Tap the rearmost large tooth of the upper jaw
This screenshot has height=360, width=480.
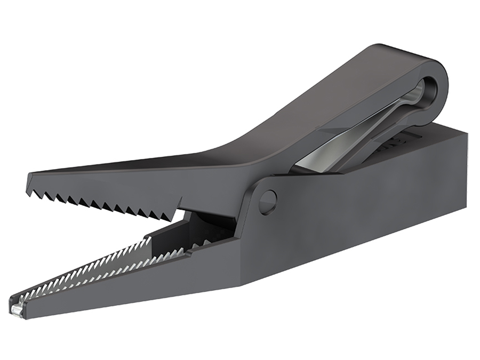170,213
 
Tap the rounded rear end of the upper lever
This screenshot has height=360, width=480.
443,80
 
